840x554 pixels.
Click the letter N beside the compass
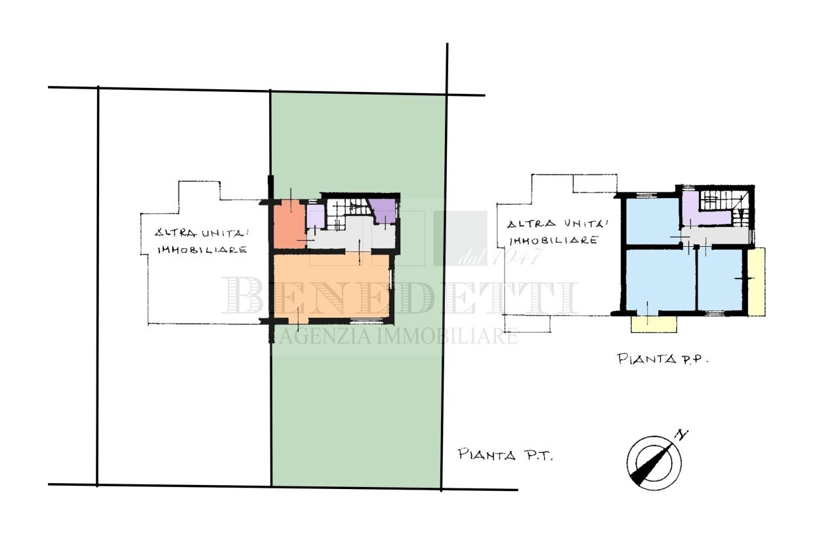(682, 434)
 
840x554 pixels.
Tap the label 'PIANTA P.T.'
(505, 454)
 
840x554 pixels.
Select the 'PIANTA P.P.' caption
(664, 358)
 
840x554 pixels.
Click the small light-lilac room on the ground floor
(315, 216)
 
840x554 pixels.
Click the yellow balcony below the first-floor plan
(654, 324)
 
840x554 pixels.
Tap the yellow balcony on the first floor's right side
(757, 282)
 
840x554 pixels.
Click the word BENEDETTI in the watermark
(400, 297)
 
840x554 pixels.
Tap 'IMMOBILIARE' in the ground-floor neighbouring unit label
(202, 250)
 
